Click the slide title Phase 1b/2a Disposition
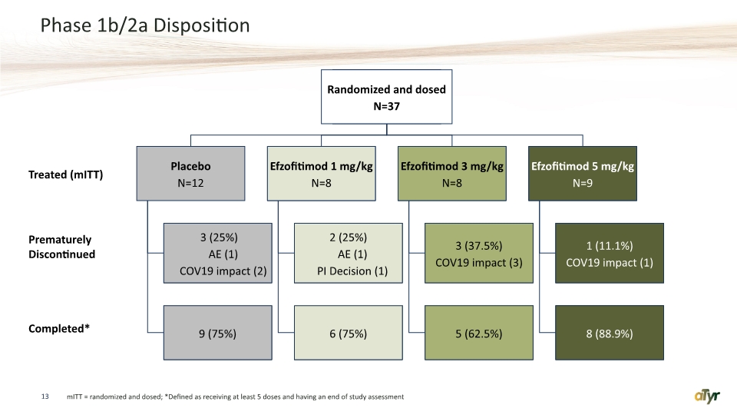pyautogui.click(x=145, y=25)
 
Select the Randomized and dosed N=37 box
pyautogui.click(x=386, y=97)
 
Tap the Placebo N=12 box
pyautogui.click(x=191, y=174)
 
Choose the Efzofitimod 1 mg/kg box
pyautogui.click(x=322, y=174)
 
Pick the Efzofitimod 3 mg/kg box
pyautogui.click(x=452, y=174)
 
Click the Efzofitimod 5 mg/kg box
pyautogui.click(x=583, y=174)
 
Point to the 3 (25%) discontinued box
pyautogui.click(x=217, y=253)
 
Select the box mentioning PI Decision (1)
pyautogui.click(x=349, y=253)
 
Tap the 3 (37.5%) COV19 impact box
pyautogui.click(x=479, y=253)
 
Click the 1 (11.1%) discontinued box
pyautogui.click(x=610, y=253)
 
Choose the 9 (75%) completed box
pyautogui.click(x=217, y=333)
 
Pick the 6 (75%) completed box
pyautogui.click(x=349, y=333)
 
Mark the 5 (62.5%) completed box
pyautogui.click(x=479, y=333)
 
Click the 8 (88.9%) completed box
pyautogui.click(x=610, y=333)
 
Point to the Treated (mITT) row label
pyautogui.click(x=66, y=174)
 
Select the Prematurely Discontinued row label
pyautogui.click(x=61, y=247)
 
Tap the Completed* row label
pyautogui.click(x=59, y=328)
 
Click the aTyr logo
pyautogui.click(x=707, y=397)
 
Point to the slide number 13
pyautogui.click(x=45, y=397)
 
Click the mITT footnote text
pyautogui.click(x=235, y=397)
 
